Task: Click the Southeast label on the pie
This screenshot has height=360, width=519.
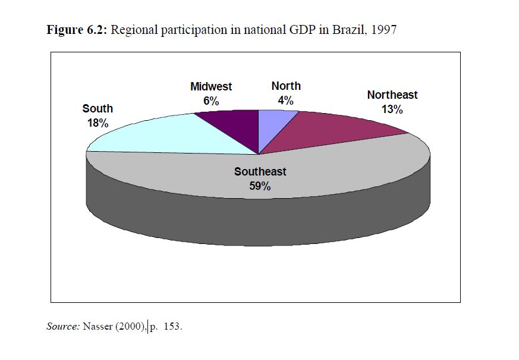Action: tap(260, 172)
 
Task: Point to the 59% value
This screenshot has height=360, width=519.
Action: tap(260, 186)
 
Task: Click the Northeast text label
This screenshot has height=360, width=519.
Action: tap(392, 95)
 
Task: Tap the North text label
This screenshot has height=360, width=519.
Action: tap(286, 86)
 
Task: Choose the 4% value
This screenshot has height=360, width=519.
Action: tap(286, 101)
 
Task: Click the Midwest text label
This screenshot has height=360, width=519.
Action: tap(211, 87)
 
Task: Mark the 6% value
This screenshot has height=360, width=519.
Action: tap(211, 101)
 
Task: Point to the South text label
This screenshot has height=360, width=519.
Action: tap(97, 109)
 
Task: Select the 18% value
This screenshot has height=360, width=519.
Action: tap(97, 124)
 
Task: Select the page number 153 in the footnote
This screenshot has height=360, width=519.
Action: tap(171, 326)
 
